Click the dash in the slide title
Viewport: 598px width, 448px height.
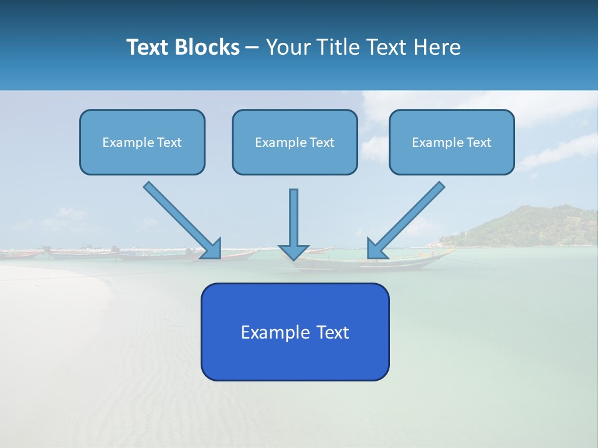point(252,48)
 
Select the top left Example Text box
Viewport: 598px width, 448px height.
point(142,142)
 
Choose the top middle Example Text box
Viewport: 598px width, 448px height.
point(295,142)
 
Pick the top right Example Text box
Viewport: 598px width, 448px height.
point(452,142)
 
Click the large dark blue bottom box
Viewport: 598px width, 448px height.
point(295,332)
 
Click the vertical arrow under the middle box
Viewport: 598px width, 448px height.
point(294,218)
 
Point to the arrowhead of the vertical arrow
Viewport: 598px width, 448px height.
point(294,251)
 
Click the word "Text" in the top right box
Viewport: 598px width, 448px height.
point(478,142)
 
